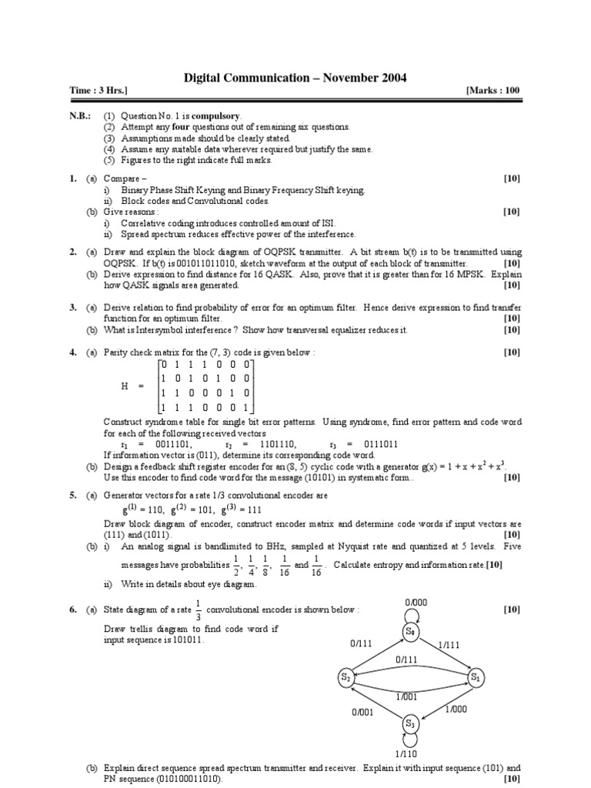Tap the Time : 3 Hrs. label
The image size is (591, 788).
point(98,91)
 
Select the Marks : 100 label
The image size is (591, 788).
point(493,91)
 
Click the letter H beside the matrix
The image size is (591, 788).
point(125,387)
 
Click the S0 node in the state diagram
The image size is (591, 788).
point(409,632)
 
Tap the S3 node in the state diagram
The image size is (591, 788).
point(409,723)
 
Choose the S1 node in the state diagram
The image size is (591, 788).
point(478,677)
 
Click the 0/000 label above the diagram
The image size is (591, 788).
point(416,602)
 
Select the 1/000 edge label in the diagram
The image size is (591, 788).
point(456,711)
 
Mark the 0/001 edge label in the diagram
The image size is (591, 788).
point(362,713)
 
